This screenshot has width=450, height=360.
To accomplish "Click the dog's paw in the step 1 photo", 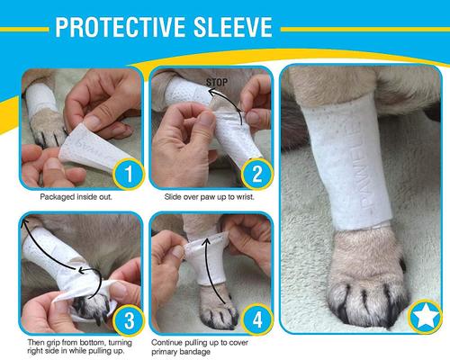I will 50,135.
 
